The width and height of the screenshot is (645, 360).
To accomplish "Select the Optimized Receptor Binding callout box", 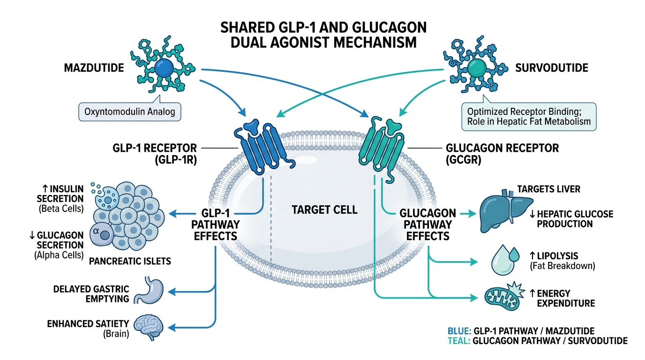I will point(528,117).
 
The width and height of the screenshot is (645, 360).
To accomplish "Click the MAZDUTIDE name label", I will point(94,68).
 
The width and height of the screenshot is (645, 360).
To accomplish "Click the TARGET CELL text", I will point(325,210).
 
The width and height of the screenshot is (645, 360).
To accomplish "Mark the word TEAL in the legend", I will point(459,341).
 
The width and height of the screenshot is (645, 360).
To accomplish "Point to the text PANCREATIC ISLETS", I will point(129,261).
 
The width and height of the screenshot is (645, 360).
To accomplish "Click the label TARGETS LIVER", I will point(548,189).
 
